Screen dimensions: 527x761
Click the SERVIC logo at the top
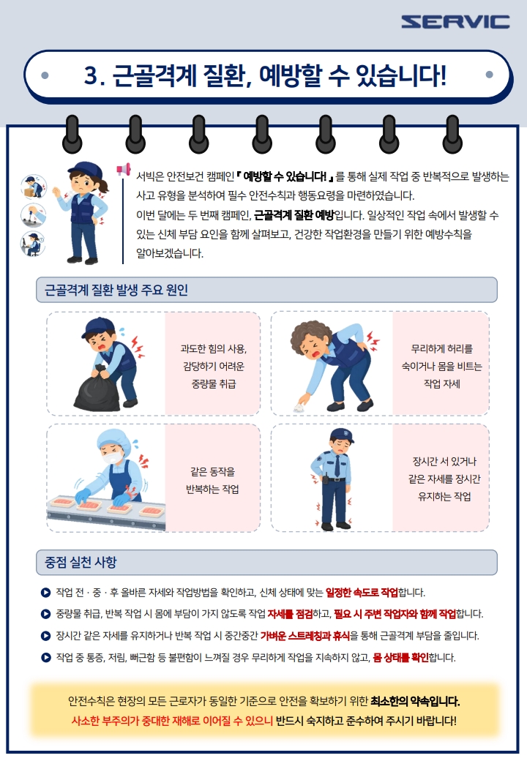coord(455,21)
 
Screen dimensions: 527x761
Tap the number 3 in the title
coord(91,75)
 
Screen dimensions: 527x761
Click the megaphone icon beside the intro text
coord(123,169)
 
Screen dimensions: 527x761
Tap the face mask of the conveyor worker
coord(112,457)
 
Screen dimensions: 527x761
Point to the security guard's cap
coord(342,435)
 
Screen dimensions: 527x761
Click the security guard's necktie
coord(337,466)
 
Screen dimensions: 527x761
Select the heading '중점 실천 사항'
coord(81,562)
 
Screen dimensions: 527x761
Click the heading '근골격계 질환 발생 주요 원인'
coord(116,290)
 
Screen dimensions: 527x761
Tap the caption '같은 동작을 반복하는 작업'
coord(212,480)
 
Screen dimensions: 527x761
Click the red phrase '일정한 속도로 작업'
coord(362,592)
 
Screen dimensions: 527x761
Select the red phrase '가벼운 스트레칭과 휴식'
coord(305,635)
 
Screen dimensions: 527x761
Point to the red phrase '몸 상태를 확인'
coord(401,657)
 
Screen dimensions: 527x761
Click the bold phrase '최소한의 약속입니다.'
coord(415,701)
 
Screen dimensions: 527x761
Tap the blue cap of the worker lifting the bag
coord(99,327)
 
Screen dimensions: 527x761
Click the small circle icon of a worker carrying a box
coord(34,187)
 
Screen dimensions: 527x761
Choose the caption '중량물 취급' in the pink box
coord(214,384)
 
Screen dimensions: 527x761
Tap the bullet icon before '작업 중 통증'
coord(45,658)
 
